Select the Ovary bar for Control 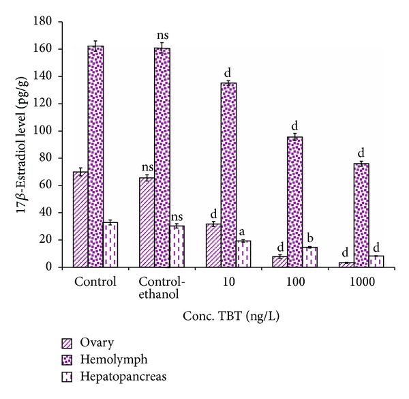point(81,219)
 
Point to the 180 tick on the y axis point(46,22)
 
